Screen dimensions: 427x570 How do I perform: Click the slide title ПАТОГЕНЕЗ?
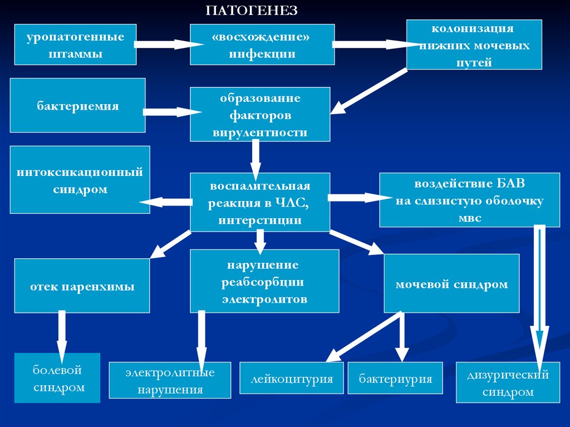pyautogui.click(x=252, y=11)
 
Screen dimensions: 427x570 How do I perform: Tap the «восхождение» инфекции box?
pyautogui.click(x=262, y=45)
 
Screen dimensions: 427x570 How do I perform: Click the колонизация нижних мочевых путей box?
pyautogui.click(x=474, y=45)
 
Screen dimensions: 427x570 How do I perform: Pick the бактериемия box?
pyautogui.click(x=77, y=105)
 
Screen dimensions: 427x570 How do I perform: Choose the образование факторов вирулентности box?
pyautogui.click(x=259, y=114)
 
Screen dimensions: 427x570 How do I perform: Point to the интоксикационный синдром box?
pyautogui.click(x=80, y=179)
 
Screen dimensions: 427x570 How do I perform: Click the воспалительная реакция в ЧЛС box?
pyautogui.click(x=259, y=202)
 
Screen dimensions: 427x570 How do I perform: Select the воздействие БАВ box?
pyautogui.click(x=469, y=199)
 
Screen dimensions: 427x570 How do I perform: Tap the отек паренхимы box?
pyautogui.click(x=82, y=286)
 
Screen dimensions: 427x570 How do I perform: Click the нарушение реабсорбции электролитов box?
pyautogui.click(x=264, y=281)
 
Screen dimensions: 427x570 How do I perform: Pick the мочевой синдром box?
pyautogui.click(x=451, y=283)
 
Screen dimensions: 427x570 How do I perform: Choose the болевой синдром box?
pyautogui.click(x=57, y=378)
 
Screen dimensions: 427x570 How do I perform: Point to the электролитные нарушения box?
pyautogui.click(x=170, y=380)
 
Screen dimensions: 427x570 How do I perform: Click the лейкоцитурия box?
pyautogui.click(x=292, y=379)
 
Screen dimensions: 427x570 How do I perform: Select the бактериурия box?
pyautogui.click(x=395, y=379)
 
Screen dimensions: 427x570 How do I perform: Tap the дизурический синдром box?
pyautogui.click(x=508, y=382)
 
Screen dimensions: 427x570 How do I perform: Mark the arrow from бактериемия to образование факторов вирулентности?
pyautogui.click(x=173, y=112)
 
